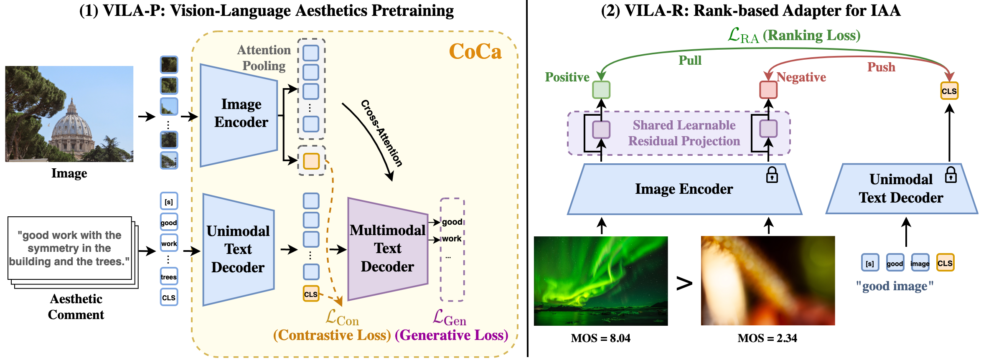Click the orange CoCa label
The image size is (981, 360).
pyautogui.click(x=475, y=52)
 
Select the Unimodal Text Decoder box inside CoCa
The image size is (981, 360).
pyautogui.click(x=238, y=249)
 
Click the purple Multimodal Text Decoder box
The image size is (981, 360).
pyautogui.click(x=387, y=248)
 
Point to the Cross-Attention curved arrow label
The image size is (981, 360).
pyautogui.click(x=381, y=133)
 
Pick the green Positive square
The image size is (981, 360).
pyautogui.click(x=601, y=90)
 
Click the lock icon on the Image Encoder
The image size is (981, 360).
pyautogui.click(x=772, y=175)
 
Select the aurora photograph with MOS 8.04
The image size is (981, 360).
pyautogui.click(x=601, y=281)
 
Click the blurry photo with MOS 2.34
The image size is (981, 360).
pyautogui.click(x=768, y=281)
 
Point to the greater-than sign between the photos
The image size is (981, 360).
pyautogui.click(x=684, y=284)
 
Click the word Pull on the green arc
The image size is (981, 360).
pyautogui.click(x=690, y=61)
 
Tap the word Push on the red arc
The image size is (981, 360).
pyautogui.click(x=881, y=67)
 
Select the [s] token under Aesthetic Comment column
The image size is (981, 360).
pyautogui.click(x=169, y=201)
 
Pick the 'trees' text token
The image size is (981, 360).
pyautogui.click(x=169, y=276)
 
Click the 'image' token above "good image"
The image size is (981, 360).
pyautogui.click(x=920, y=263)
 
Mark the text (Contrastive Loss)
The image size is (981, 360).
pyautogui.click(x=332, y=335)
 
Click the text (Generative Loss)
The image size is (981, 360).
pyautogui.click(x=451, y=335)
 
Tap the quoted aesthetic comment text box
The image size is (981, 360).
pyautogui.click(x=70, y=248)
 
